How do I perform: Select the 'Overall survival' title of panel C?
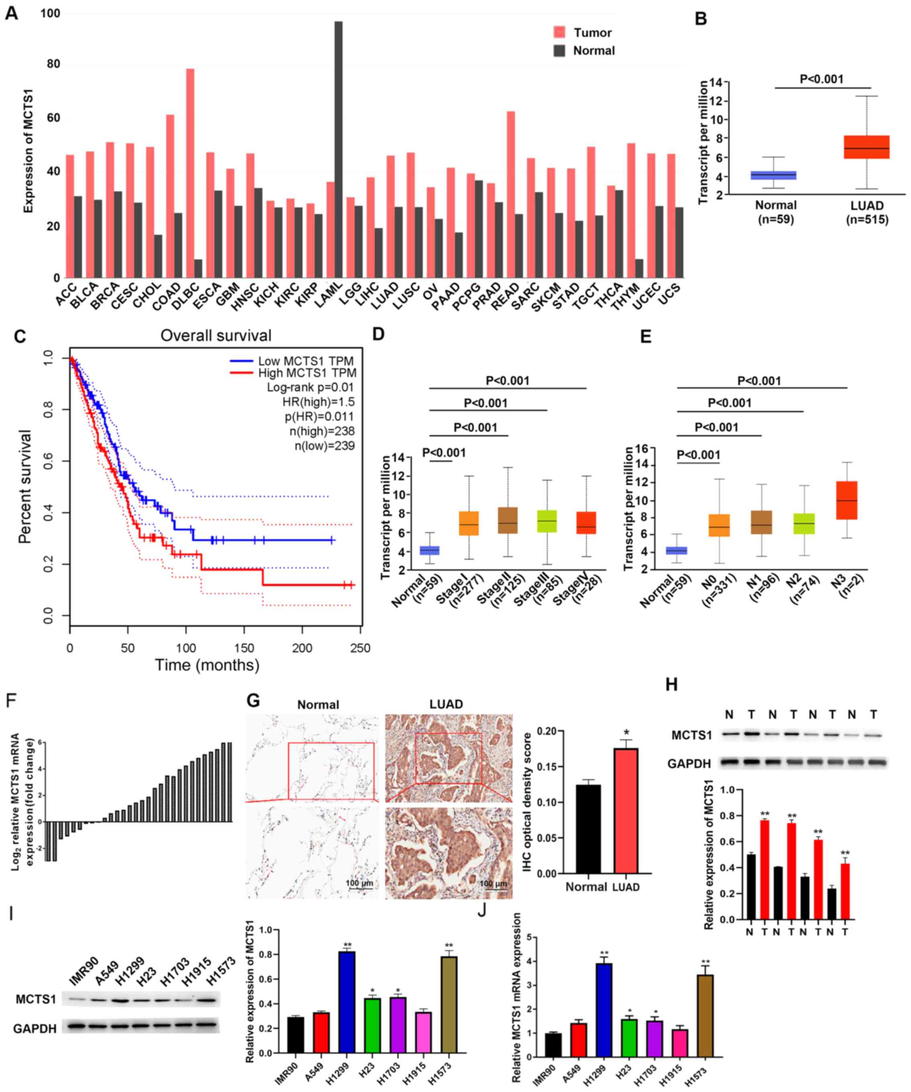(x=216, y=336)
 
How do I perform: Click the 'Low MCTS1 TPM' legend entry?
(x=292, y=361)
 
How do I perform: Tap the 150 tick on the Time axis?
(x=244, y=648)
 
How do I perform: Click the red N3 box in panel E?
(x=846, y=500)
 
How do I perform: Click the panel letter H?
(x=672, y=685)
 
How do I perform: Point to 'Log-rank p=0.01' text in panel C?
(x=310, y=387)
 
